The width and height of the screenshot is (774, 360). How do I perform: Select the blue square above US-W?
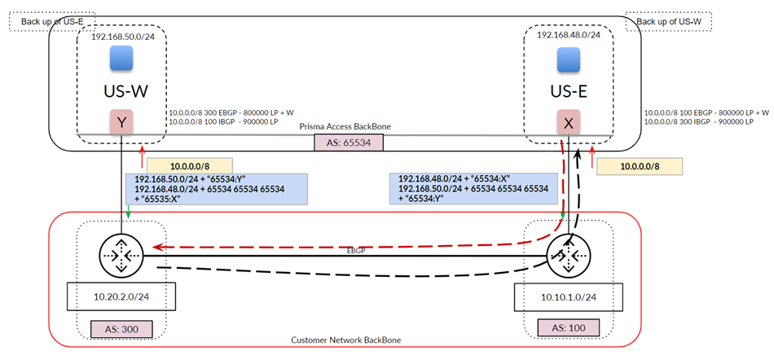pyautogui.click(x=122, y=59)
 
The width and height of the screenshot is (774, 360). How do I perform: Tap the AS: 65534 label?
pyautogui.click(x=348, y=142)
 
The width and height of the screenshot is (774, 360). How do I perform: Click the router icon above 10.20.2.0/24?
pyautogui.click(x=121, y=255)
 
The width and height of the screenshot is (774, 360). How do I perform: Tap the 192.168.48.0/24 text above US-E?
pyautogui.click(x=569, y=35)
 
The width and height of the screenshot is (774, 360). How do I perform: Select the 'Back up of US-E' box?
pyautogui.click(x=52, y=21)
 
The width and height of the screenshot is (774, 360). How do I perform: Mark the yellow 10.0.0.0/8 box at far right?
pyautogui.click(x=640, y=167)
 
